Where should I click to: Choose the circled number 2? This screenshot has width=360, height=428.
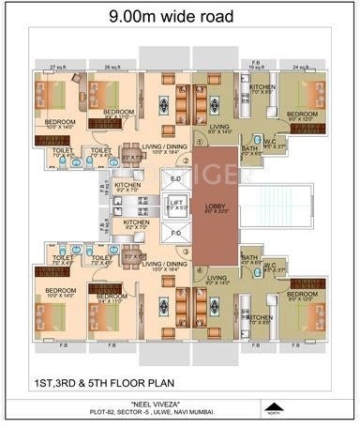187,160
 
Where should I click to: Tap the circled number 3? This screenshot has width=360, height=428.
187,251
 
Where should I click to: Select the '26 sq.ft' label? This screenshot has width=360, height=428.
112,67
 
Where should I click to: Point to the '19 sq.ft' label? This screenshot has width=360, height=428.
255,67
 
